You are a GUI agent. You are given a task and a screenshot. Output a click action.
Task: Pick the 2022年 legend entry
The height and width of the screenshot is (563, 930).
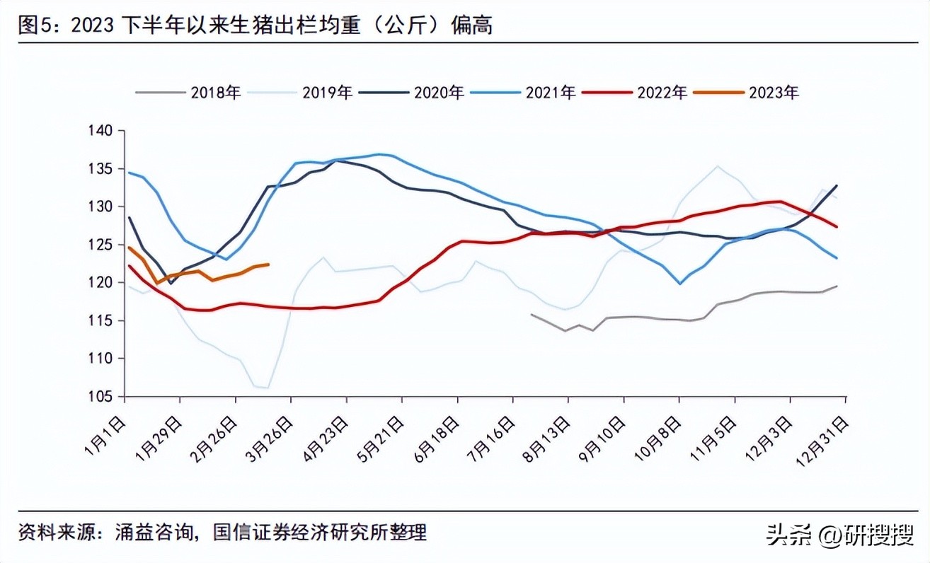tap(662, 92)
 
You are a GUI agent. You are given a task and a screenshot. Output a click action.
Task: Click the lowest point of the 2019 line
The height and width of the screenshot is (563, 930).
tap(267, 388)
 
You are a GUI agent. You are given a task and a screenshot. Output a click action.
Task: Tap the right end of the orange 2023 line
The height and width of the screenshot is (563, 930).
tap(268, 265)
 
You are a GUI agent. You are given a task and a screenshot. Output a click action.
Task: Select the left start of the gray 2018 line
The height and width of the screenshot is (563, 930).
tap(531, 314)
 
